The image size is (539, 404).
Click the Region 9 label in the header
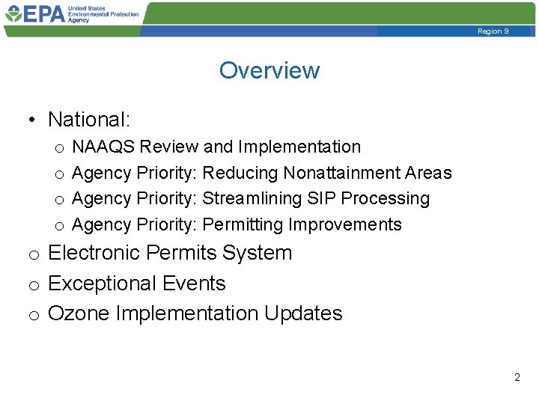(x=493, y=31)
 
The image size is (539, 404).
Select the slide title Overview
(x=269, y=70)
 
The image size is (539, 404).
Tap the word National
(x=88, y=120)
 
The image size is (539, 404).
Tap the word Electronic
(x=94, y=253)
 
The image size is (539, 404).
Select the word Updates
(x=303, y=313)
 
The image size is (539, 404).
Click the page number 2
(x=517, y=378)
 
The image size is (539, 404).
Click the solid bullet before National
(x=32, y=120)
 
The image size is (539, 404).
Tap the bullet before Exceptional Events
(x=34, y=285)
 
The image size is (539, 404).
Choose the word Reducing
(x=240, y=173)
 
